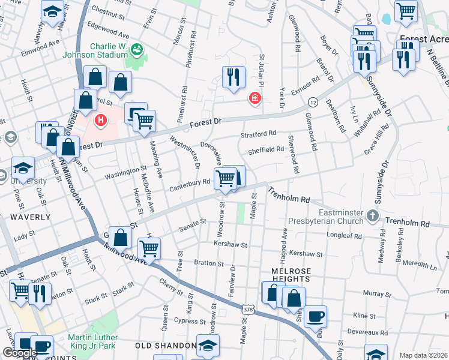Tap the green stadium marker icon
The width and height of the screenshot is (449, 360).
click(136, 49)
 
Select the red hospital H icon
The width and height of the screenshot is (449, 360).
click(101, 120)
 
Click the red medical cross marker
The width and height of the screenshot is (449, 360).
click(255, 98)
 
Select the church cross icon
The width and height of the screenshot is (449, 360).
click(373, 215)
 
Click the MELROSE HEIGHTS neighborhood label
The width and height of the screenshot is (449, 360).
click(291, 271)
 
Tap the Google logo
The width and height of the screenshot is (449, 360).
click(20, 352)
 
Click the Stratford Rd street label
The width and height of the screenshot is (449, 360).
click(258, 133)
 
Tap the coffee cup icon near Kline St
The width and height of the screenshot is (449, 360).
click(315, 316)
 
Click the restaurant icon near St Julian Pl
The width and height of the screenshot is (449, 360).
click(233, 76)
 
